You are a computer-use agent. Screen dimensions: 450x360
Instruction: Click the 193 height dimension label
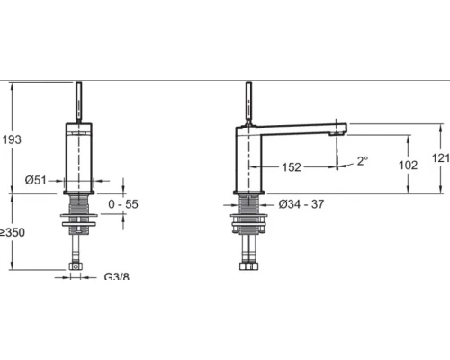(x=12, y=139)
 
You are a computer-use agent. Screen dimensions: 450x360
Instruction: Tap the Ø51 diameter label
(x=36, y=180)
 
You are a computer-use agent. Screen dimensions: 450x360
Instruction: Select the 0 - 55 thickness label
(x=123, y=204)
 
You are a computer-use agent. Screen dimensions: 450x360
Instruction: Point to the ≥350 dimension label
(x=13, y=232)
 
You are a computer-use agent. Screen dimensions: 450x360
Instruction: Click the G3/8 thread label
(x=117, y=276)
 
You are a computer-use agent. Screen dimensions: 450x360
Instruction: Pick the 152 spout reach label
(x=292, y=167)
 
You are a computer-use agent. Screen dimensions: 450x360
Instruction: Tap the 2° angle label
(x=363, y=161)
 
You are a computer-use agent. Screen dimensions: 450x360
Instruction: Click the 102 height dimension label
(x=408, y=165)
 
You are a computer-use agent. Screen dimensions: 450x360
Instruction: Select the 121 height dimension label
(x=440, y=158)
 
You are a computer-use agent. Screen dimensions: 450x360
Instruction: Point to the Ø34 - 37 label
(x=301, y=204)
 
